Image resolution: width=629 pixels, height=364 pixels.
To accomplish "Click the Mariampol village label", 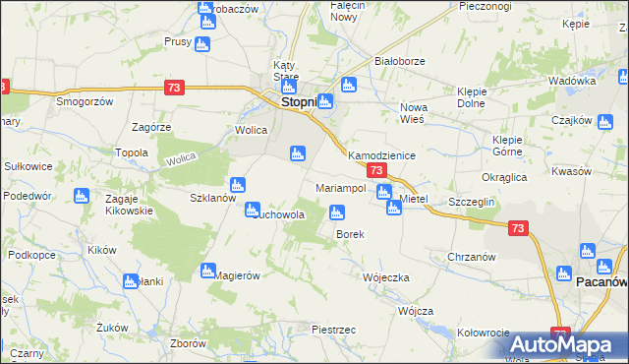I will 341,187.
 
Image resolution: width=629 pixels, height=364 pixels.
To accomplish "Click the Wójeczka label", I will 385,277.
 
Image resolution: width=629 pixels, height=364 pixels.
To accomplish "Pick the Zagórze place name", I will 151,127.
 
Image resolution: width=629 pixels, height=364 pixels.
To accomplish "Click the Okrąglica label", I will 504,177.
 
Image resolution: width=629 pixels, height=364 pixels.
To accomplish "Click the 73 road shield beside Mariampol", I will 374,171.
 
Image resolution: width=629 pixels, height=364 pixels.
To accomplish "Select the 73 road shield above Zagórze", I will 174,88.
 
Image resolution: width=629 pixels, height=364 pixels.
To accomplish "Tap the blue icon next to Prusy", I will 202,43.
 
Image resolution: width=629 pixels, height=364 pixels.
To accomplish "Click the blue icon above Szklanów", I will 237,184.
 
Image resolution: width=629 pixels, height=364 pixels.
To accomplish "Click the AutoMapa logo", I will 567,343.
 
